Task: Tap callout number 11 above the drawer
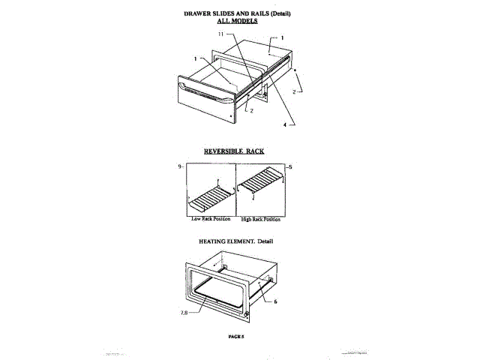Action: [x=221, y=35]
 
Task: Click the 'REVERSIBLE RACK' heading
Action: [x=233, y=151]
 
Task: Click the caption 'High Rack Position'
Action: [x=261, y=219]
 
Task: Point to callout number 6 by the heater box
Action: [x=276, y=301]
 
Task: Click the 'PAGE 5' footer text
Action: [x=236, y=337]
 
